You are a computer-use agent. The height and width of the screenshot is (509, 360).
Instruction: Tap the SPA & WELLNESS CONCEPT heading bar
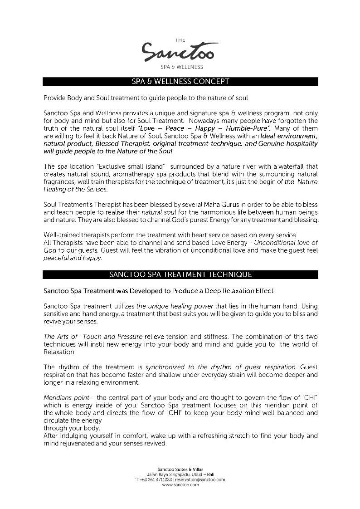coord(180,82)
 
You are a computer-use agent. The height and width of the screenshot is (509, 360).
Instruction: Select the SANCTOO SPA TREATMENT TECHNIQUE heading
coord(180,274)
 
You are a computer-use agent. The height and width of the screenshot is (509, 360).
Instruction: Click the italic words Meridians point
coord(68,397)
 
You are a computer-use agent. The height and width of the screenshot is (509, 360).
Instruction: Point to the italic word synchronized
coord(166,367)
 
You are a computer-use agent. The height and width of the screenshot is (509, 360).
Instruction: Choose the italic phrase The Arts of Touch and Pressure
coord(93,337)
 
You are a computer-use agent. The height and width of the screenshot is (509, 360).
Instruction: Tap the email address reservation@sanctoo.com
coord(200,480)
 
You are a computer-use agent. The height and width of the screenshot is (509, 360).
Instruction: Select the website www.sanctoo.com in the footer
coord(180,485)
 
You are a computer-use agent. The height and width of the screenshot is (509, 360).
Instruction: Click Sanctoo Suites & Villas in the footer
coord(180,469)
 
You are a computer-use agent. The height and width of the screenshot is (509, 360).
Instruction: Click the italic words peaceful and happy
coord(73,258)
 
